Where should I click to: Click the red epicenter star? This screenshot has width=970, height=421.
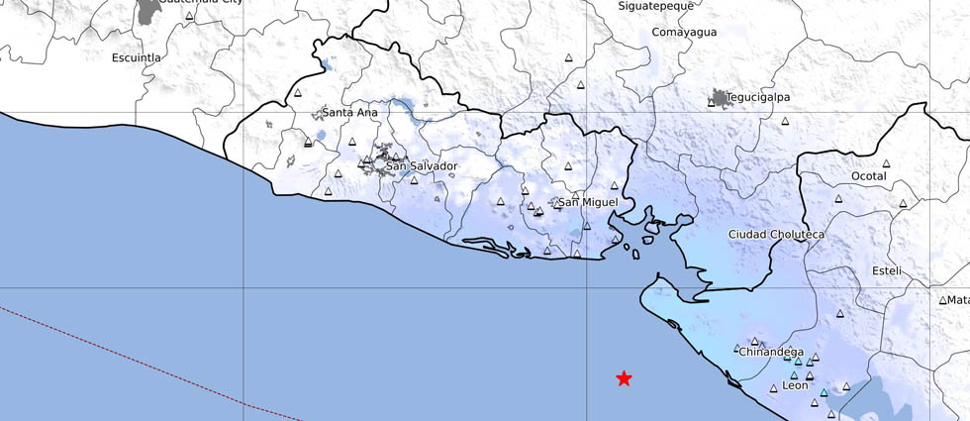tap(624, 378)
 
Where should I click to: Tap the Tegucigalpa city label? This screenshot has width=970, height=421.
tap(758, 97)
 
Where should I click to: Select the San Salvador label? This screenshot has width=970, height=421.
tap(422, 165)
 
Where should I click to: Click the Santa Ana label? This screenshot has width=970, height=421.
tap(350, 113)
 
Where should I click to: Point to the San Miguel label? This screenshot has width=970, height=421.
tap(589, 202)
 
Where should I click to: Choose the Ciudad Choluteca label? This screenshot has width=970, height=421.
tap(776, 234)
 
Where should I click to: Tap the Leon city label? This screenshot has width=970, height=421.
tap(795, 385)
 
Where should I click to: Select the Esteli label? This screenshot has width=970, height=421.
tap(887, 270)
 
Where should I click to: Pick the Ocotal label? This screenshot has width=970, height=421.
tap(869, 176)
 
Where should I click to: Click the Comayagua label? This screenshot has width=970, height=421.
tap(683, 33)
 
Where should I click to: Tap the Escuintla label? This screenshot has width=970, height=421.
tap(136, 57)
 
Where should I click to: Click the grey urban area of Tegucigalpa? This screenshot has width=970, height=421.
tap(718, 98)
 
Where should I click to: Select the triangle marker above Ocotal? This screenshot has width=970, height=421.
tap(887, 163)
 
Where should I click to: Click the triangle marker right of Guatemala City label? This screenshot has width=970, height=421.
tap(189, 16)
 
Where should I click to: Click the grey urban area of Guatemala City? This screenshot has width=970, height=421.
tap(148, 10)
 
